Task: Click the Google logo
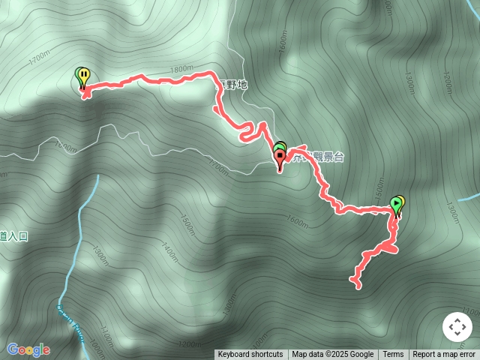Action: click(28, 349)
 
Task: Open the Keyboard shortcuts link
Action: click(250, 355)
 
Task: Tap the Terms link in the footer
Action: click(393, 355)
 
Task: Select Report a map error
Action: click(445, 355)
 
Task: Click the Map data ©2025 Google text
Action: click(332, 355)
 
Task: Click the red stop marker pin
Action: click(280, 158)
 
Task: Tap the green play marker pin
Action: click(396, 204)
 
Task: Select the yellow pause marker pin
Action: click(85, 76)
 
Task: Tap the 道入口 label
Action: click(13, 236)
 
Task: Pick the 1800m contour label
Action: click(182, 70)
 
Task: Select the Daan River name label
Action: click(70, 321)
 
